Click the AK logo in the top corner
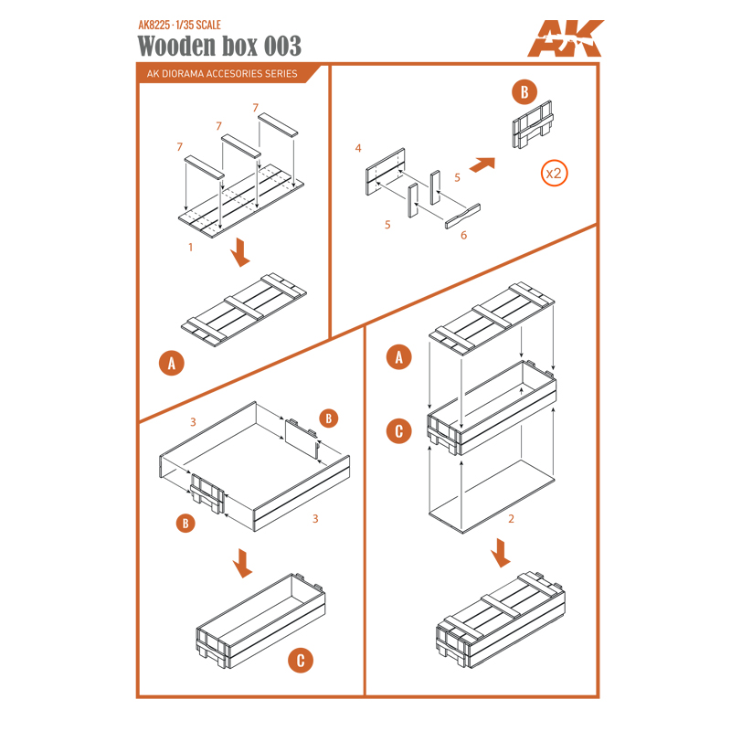[565, 38]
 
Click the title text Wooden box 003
[219, 46]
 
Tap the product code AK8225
[154, 25]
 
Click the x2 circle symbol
[554, 174]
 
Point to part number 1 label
[190, 247]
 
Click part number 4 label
[358, 148]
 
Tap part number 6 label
[463, 236]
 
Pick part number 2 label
[511, 518]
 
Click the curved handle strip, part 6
[462, 217]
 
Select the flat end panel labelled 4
[385, 172]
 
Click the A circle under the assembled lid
[172, 363]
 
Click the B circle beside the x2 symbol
[524, 92]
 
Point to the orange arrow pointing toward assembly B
[482, 164]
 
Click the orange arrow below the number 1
[240, 252]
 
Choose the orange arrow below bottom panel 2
[500, 553]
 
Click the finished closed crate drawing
[500, 620]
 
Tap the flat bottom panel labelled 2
[492, 496]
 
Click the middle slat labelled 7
[240, 146]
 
